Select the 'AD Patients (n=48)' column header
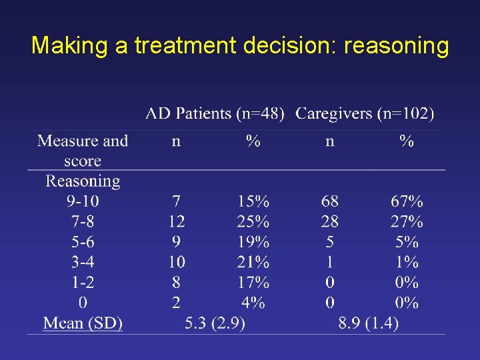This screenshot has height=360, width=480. (215, 114)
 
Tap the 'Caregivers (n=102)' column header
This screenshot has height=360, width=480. (365, 114)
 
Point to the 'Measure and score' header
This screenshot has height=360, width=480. (83, 151)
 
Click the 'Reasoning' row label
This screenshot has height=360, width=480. (83, 181)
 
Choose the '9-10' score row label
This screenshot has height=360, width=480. (83, 201)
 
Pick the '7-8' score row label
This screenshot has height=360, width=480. (83, 221)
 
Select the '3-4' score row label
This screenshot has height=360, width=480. (83, 262)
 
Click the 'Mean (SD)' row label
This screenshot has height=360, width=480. (83, 323)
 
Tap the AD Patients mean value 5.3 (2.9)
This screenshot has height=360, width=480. (215, 323)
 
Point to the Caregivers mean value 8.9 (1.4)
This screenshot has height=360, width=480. (368, 323)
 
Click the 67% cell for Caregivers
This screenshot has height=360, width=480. (406, 201)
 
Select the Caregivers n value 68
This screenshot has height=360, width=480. (329, 201)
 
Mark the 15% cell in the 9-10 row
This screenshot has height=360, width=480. (253, 201)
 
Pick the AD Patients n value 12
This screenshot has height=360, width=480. (176, 221)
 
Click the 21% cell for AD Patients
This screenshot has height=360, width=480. (253, 262)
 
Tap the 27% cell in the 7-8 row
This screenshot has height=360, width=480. (406, 221)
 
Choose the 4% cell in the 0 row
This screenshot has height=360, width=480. (253, 303)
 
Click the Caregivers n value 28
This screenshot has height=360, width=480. (329, 221)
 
